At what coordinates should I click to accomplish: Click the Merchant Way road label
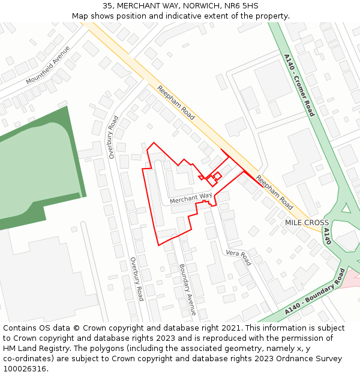click(x=191, y=198)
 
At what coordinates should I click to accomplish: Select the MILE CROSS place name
click(x=307, y=223)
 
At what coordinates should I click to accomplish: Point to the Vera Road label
click(x=238, y=257)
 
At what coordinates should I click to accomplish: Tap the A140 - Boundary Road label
click(x=314, y=293)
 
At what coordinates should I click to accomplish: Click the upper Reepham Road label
click(x=176, y=102)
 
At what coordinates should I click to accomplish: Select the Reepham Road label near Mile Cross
click(x=274, y=192)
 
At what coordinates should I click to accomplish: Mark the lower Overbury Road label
click(x=137, y=279)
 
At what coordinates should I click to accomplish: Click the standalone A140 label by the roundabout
click(x=327, y=236)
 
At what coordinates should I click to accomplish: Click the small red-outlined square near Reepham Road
click(x=217, y=176)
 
